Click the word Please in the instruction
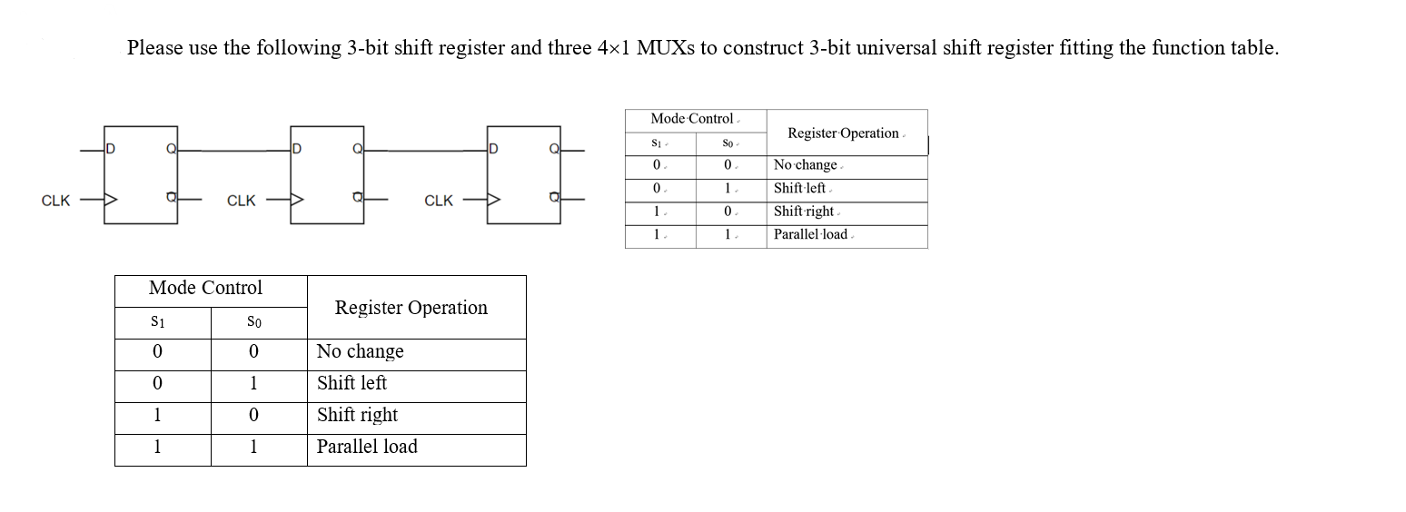[154, 48]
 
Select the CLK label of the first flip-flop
[55, 201]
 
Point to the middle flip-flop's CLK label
[241, 201]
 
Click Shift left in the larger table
[351, 383]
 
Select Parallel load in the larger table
[367, 447]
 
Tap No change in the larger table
[360, 351]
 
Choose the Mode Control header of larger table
[205, 288]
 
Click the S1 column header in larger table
[158, 322]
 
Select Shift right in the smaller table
[803, 212]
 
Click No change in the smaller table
[805, 165]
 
